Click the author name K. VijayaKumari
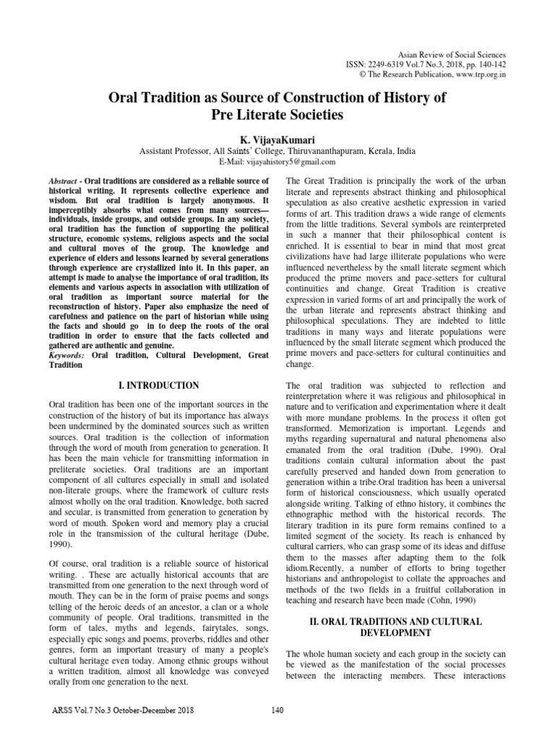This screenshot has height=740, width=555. (277, 137)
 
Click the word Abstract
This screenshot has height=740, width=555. (63, 180)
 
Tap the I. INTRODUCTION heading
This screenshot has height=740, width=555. (158, 386)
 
